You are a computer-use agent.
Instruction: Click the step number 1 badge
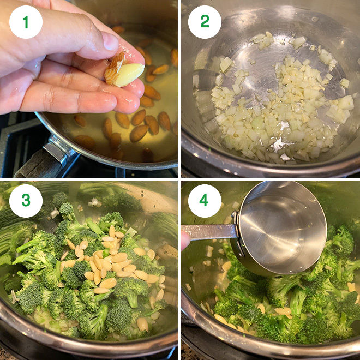point(26,22)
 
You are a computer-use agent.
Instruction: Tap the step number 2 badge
point(205,22)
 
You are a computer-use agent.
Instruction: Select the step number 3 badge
point(26,201)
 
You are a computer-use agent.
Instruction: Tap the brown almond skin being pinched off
point(115,68)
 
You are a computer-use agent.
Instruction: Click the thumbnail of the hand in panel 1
point(111,40)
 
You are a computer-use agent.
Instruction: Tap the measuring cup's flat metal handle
point(210,231)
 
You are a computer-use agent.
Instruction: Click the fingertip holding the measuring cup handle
point(185,239)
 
